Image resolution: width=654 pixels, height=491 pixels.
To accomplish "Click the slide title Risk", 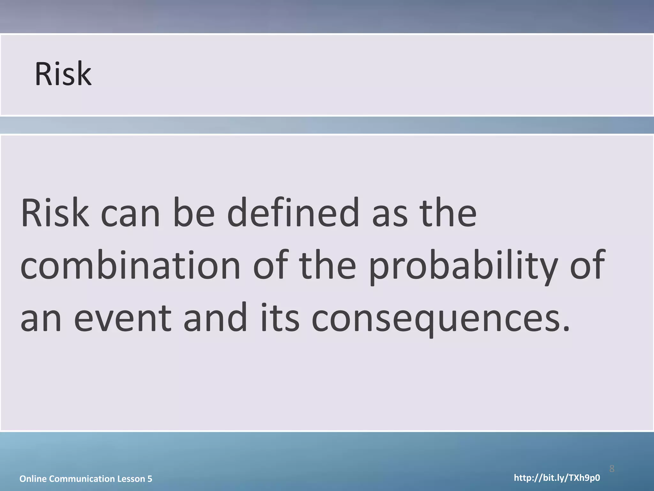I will (63, 74).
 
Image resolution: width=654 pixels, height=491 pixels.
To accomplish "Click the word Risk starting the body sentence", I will (55, 213).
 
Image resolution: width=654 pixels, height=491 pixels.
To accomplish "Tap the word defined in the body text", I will (293, 213).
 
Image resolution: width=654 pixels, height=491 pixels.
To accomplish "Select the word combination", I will (130, 266).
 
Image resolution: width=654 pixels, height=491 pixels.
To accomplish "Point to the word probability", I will (463, 266).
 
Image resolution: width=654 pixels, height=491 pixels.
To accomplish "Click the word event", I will (123, 318).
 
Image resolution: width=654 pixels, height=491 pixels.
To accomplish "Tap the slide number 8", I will (612, 469).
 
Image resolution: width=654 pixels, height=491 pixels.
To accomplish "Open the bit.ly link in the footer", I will (557, 478).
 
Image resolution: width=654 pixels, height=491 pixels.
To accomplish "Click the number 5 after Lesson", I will (150, 479).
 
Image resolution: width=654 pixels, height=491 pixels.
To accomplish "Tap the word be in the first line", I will (194, 213).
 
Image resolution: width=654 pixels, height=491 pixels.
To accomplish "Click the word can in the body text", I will (130, 213).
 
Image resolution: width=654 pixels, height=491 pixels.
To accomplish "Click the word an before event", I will (41, 318).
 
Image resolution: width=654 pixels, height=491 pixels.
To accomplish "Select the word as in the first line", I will (390, 213).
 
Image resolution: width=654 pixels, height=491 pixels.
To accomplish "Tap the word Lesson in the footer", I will (131, 479).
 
